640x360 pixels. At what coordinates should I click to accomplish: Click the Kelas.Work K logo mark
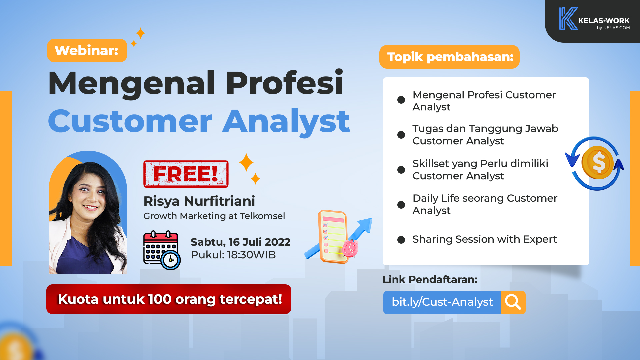pos(568,19)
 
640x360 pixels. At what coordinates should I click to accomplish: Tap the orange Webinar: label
pos(87,50)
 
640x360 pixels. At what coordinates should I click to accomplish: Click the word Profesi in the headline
pos(284,83)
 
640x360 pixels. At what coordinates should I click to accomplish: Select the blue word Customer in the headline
pos(130,121)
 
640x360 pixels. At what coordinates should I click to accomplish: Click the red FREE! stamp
pos(186,174)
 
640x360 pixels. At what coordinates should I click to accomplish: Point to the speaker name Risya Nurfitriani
pos(199,201)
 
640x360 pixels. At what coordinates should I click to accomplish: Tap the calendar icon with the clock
pos(162,250)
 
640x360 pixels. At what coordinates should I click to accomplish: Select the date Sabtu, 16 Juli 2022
pos(240,242)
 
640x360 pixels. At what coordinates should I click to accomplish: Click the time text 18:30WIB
pos(251,255)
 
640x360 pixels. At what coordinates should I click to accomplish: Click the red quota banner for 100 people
pos(169,299)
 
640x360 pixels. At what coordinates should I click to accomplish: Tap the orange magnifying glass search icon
pos(513,303)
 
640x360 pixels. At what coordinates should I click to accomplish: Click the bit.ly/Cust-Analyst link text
pos(442,302)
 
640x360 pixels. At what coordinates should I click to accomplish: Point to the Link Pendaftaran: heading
pos(430,279)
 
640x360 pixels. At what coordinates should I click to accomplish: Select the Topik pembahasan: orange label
pos(449,57)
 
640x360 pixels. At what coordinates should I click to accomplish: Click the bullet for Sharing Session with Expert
pos(401,240)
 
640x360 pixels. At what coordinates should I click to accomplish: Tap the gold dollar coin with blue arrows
pos(595,163)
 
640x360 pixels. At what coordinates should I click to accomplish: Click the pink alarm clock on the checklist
pos(350,248)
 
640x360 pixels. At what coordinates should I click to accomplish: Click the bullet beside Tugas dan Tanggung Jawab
pos(401,135)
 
